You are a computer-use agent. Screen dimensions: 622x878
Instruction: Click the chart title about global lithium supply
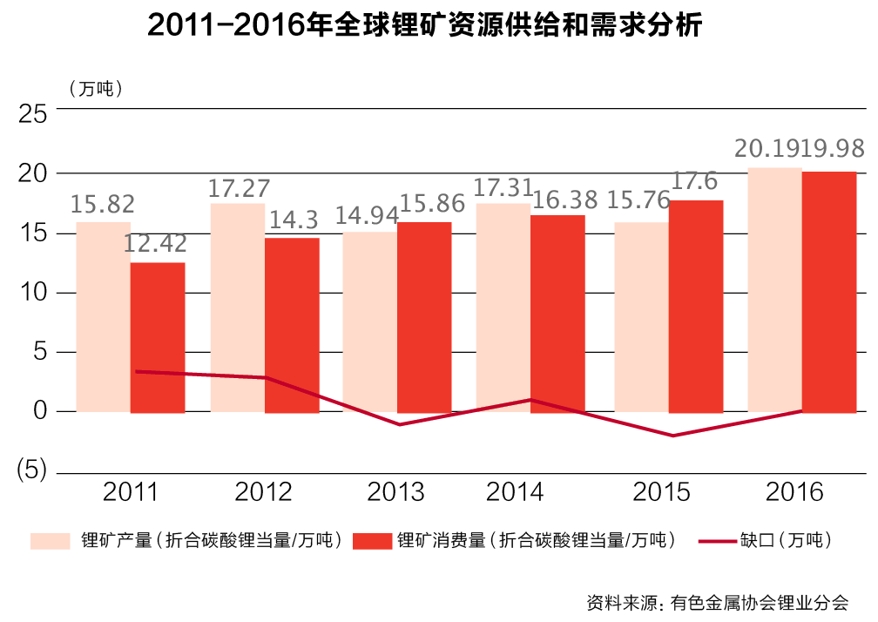424,27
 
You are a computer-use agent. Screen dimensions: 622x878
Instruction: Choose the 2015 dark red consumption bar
695,306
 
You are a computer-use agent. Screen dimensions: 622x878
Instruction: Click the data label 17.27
240,188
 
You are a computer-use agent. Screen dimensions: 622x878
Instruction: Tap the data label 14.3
294,220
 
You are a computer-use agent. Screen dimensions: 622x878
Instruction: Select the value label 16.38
559,200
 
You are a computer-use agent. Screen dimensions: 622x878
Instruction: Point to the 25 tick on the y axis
32,113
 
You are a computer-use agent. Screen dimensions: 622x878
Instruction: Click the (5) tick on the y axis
32,470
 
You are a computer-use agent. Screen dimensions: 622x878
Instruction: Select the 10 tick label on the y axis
32,293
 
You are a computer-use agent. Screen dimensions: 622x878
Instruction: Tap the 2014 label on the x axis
515,493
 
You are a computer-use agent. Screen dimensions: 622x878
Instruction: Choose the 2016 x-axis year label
794,493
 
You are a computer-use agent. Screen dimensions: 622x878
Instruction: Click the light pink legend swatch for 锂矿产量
50,541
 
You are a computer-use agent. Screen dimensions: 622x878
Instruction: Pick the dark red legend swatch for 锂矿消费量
372,541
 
